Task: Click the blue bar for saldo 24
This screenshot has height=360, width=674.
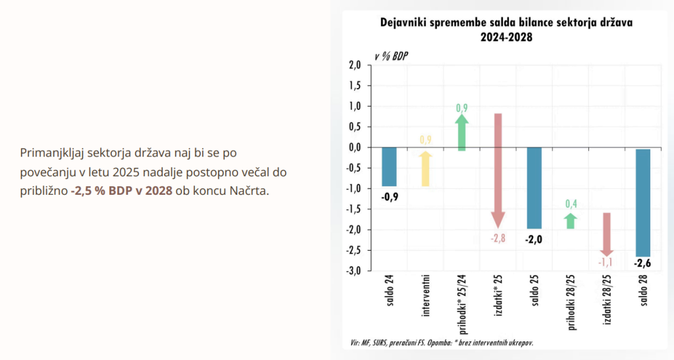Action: (390, 167)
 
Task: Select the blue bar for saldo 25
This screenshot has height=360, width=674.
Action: (534, 188)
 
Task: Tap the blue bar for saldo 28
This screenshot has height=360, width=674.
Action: (642, 203)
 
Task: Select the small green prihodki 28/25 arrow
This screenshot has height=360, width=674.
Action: (571, 220)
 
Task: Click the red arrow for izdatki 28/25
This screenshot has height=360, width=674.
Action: (607, 234)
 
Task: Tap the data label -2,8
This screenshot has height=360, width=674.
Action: (498, 238)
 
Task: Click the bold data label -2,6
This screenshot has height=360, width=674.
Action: (642, 264)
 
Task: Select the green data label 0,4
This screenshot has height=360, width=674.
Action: (571, 203)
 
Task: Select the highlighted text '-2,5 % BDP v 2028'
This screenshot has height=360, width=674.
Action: (122, 190)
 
